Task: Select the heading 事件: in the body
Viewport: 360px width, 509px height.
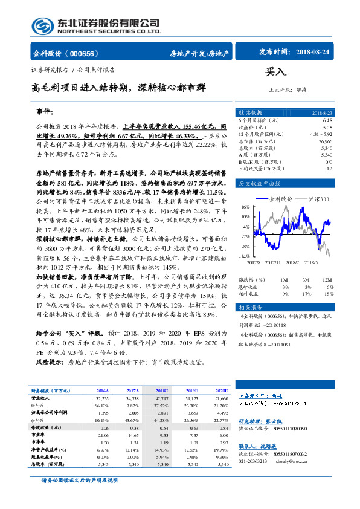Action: [x=45, y=112]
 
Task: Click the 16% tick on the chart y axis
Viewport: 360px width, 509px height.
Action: [x=245, y=207]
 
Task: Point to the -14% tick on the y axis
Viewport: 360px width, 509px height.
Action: [x=244, y=256]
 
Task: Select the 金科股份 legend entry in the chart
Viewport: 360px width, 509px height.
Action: [x=280, y=198]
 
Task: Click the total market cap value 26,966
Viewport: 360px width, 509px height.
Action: [x=323, y=141]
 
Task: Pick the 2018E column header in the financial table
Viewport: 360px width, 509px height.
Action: [x=163, y=391]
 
